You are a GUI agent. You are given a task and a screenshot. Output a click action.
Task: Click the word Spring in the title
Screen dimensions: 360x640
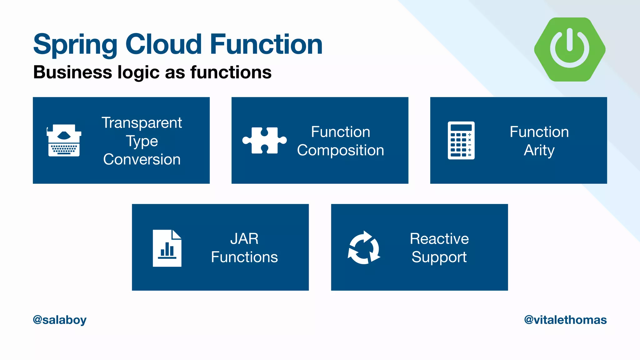[x=75, y=45]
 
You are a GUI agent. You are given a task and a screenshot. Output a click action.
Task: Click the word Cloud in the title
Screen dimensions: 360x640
[x=163, y=44]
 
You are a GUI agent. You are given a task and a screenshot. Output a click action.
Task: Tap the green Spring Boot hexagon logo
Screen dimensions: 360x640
[x=570, y=49]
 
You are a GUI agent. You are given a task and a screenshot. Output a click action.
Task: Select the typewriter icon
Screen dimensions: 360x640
[x=64, y=140]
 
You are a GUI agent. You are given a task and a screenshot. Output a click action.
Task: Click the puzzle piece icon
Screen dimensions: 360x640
[x=264, y=140]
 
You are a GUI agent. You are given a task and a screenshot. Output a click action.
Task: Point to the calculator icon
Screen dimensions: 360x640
[x=461, y=140]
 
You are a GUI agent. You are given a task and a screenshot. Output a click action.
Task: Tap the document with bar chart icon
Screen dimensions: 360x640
[x=167, y=248]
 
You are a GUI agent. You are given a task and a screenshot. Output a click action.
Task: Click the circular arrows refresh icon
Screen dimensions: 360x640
[x=364, y=248]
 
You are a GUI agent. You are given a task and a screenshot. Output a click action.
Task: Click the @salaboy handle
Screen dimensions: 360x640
[x=60, y=320]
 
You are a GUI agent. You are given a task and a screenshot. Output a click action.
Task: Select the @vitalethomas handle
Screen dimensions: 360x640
[x=565, y=320]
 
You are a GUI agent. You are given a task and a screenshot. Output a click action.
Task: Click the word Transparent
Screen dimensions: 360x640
[x=142, y=122]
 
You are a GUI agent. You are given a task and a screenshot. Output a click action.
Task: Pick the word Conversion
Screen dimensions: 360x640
[x=142, y=159]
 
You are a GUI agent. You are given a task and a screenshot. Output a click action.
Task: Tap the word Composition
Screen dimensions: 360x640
[x=340, y=150]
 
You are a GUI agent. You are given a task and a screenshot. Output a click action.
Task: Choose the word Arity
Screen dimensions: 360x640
[x=539, y=150]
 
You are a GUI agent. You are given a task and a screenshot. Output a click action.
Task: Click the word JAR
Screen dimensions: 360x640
[x=244, y=239]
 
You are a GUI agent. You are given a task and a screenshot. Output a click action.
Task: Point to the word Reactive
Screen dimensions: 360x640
[x=439, y=239]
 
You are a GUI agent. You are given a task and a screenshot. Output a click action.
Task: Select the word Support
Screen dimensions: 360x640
[x=439, y=257]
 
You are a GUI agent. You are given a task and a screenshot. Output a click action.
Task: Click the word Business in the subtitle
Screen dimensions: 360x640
[x=72, y=72]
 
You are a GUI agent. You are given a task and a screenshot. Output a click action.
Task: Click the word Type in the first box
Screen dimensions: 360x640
[x=142, y=141]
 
